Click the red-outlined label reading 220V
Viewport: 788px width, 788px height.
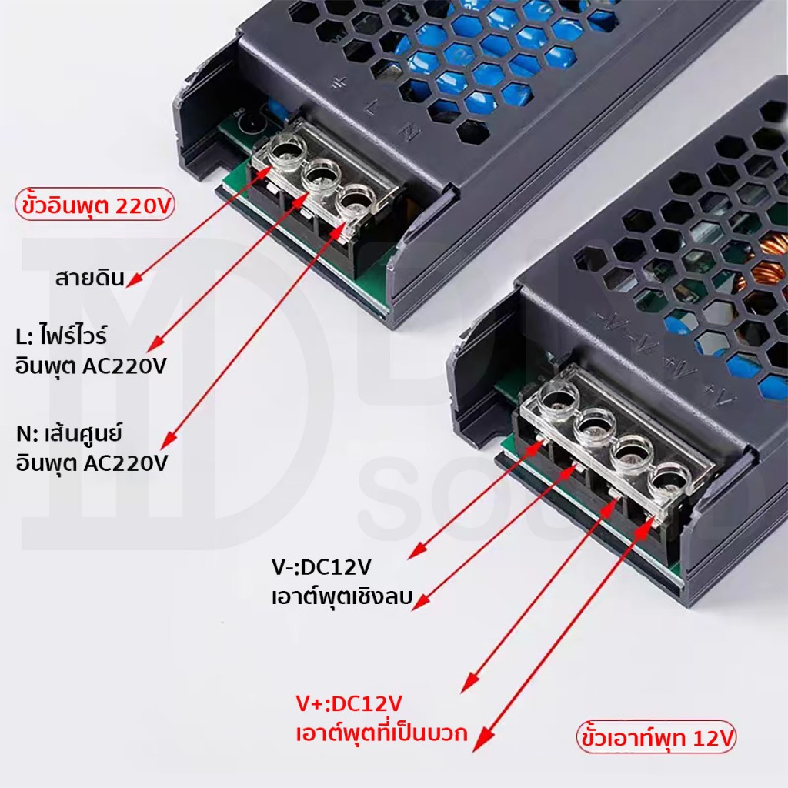(x=95, y=205)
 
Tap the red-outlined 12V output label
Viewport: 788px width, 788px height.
(x=656, y=738)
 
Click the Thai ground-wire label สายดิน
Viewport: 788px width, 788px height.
(x=89, y=277)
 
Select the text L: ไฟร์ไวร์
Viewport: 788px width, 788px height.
(x=61, y=336)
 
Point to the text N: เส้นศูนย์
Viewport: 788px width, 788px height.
(x=68, y=433)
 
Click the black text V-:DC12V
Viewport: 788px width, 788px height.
(x=321, y=567)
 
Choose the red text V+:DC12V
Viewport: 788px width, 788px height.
(x=349, y=703)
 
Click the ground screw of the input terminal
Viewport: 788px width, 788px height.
(x=287, y=150)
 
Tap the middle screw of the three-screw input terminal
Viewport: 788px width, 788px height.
(x=320, y=175)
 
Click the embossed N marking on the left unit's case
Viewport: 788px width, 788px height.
(x=410, y=132)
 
